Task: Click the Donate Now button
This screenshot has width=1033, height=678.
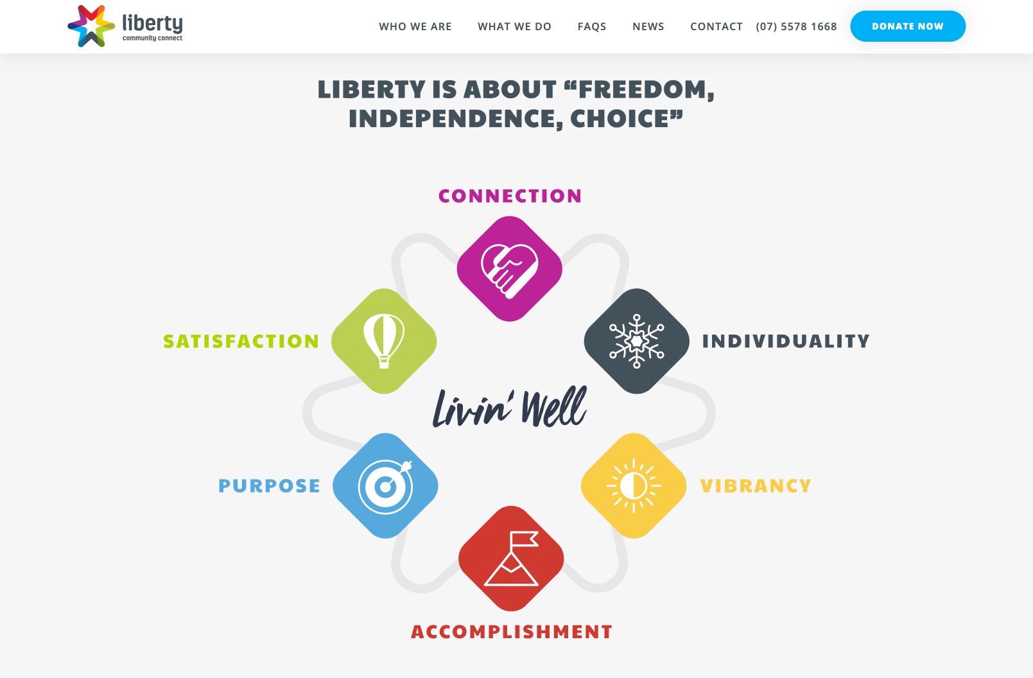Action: [908, 26]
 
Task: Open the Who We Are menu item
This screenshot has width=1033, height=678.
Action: [415, 27]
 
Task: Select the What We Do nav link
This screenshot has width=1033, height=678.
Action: [514, 27]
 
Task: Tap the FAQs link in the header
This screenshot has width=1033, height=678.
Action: [592, 27]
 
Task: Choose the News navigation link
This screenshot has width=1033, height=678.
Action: [648, 27]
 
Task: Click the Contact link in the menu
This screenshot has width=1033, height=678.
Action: [716, 27]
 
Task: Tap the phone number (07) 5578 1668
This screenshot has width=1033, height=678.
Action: [796, 27]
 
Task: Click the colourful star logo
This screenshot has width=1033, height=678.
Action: [91, 26]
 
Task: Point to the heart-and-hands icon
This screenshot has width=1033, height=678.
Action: [509, 271]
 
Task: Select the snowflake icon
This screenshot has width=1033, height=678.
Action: [636, 342]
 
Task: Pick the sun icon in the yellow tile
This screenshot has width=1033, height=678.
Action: [633, 485]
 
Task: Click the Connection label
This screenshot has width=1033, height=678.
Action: [510, 196]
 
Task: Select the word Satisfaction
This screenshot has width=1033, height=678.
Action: [241, 342]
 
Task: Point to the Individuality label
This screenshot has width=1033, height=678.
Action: [786, 342]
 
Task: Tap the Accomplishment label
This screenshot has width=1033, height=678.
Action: [512, 632]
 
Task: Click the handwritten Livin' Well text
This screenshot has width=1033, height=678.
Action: [510, 407]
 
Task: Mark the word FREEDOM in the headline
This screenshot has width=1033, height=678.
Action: [642, 89]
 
